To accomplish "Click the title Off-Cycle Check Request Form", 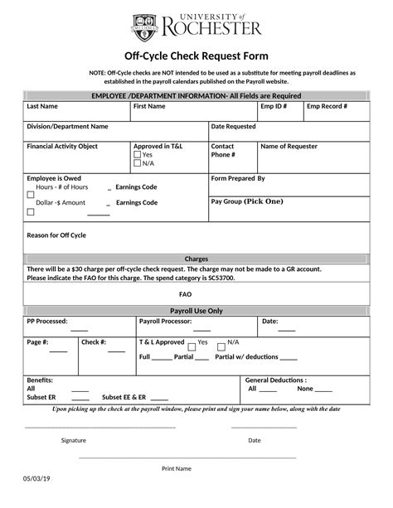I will point(196,56).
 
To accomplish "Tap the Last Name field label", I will point(42,107).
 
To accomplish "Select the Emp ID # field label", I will point(274,107).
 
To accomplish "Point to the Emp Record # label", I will point(327,107).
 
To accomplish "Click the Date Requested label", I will point(234,127).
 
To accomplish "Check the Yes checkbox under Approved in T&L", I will point(138,155).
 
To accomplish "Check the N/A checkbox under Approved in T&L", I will point(138,163).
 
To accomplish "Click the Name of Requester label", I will point(289,147).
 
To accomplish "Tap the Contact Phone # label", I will point(223,151).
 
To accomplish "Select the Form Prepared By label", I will point(238,178).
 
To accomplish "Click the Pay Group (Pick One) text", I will point(247,201).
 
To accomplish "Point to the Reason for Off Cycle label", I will point(56,235).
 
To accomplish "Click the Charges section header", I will point(196,259).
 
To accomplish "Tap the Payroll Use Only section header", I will point(196,310).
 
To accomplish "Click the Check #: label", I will point(93,341).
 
